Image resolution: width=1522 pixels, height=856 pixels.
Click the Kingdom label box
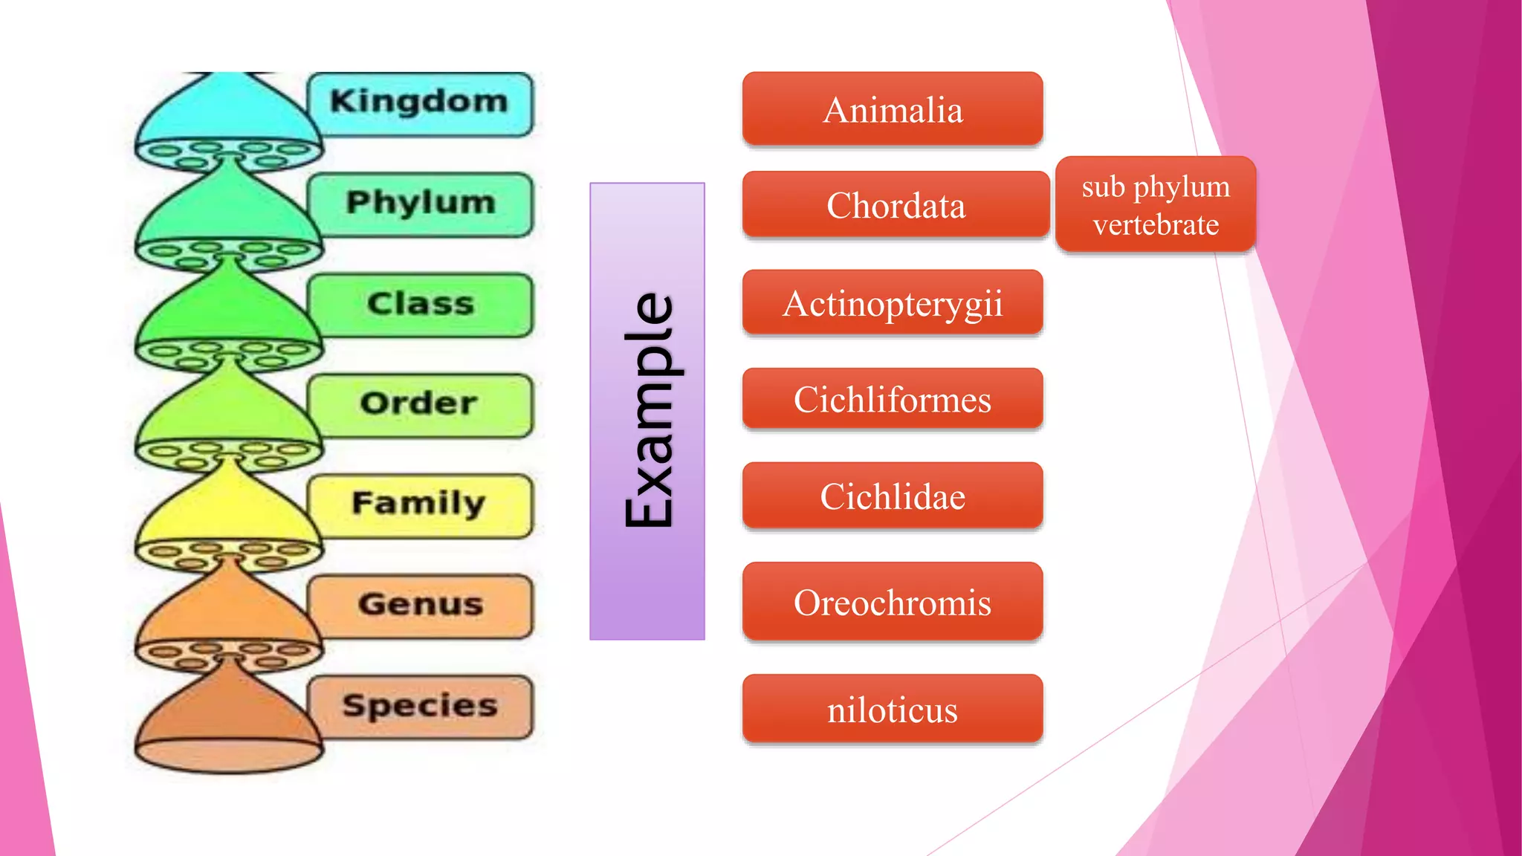pyautogui.click(x=420, y=103)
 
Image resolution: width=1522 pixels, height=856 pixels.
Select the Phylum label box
pyautogui.click(x=420, y=204)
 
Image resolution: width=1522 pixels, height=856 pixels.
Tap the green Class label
pyautogui.click(x=420, y=305)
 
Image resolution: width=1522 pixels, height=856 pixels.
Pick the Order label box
pyautogui.click(x=420, y=404)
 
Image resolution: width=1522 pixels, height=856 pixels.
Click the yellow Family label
pyautogui.click(x=420, y=505)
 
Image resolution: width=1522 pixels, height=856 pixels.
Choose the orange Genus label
pyautogui.click(x=420, y=605)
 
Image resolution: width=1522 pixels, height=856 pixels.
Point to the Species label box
pyautogui.click(x=420, y=706)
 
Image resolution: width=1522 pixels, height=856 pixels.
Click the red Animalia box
pyautogui.click(x=893, y=110)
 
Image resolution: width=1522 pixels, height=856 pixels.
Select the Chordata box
pyautogui.click(x=896, y=205)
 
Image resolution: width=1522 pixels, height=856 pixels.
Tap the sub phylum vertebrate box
pyautogui.click(x=1156, y=204)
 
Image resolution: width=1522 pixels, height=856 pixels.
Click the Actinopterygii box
pyautogui.click(x=893, y=303)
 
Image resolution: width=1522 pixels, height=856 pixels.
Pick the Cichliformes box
pyautogui.click(x=893, y=399)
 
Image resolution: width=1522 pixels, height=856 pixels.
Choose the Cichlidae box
pyautogui.click(x=893, y=496)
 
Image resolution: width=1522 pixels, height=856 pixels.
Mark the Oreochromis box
pyautogui.click(x=893, y=602)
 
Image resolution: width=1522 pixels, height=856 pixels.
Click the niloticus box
pyautogui.click(x=893, y=709)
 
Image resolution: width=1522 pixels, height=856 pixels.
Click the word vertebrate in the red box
pyautogui.click(x=1156, y=224)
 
